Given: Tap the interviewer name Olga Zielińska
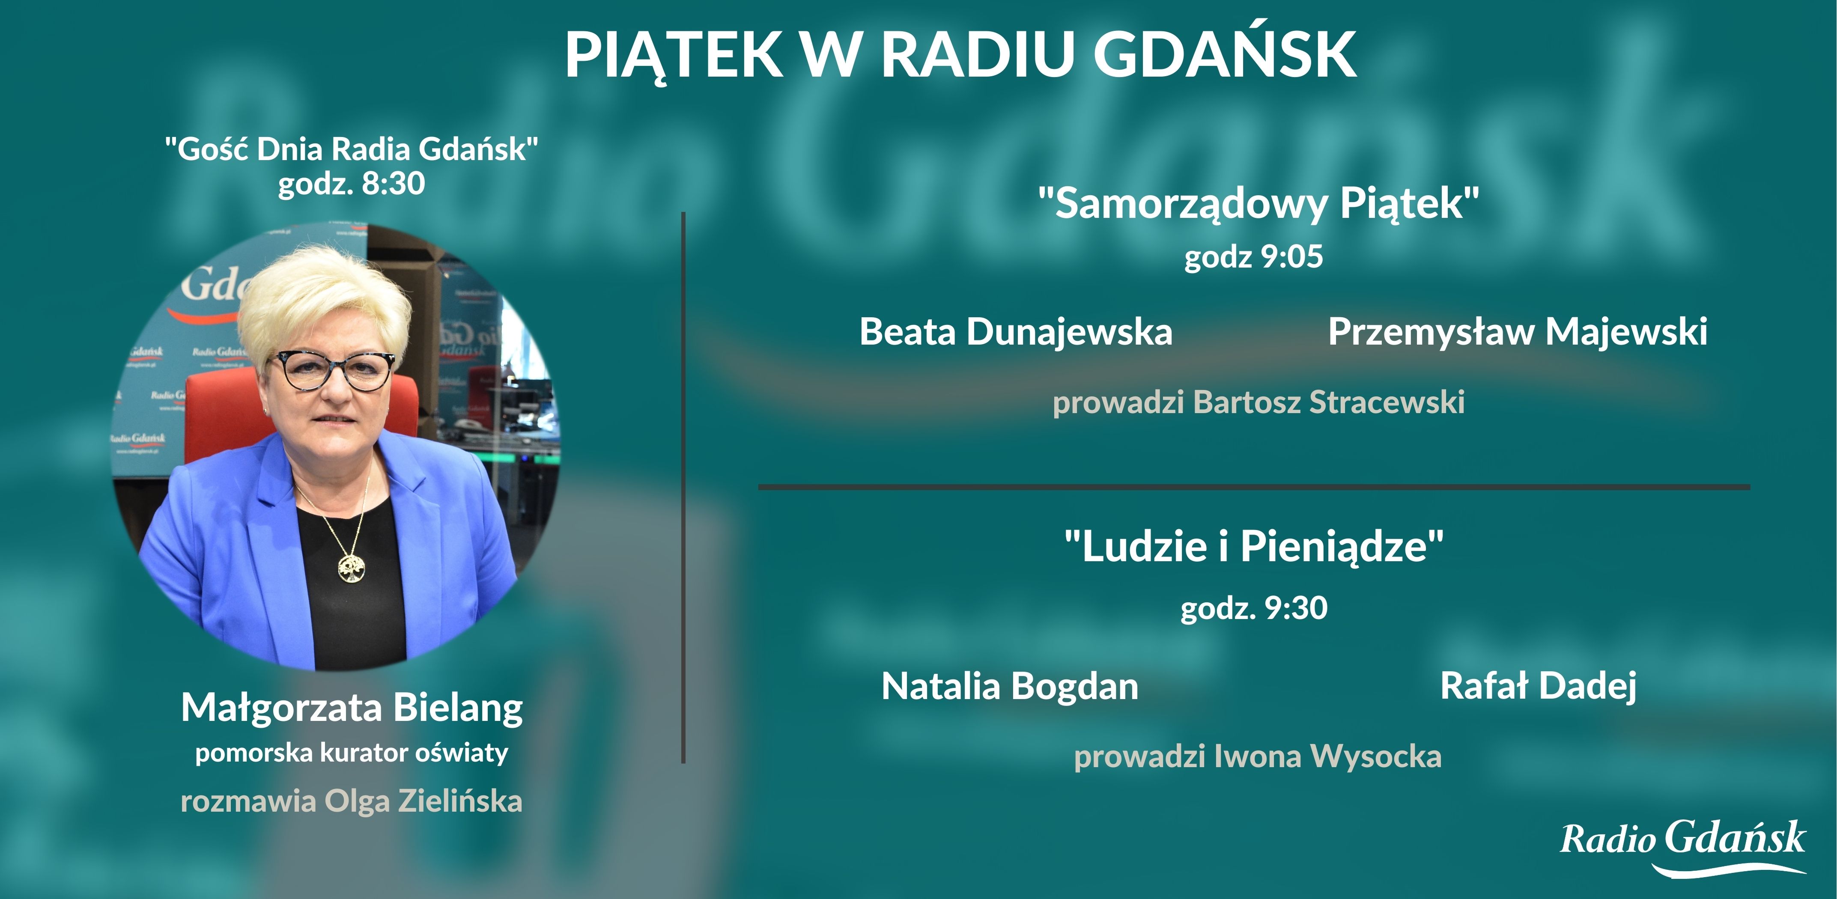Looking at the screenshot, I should pos(423,801).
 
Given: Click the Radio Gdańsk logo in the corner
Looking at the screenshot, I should pos(1682,845).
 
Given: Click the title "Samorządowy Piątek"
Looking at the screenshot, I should pos(1258,203).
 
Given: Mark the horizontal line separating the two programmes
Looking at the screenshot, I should pos(1254,487).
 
